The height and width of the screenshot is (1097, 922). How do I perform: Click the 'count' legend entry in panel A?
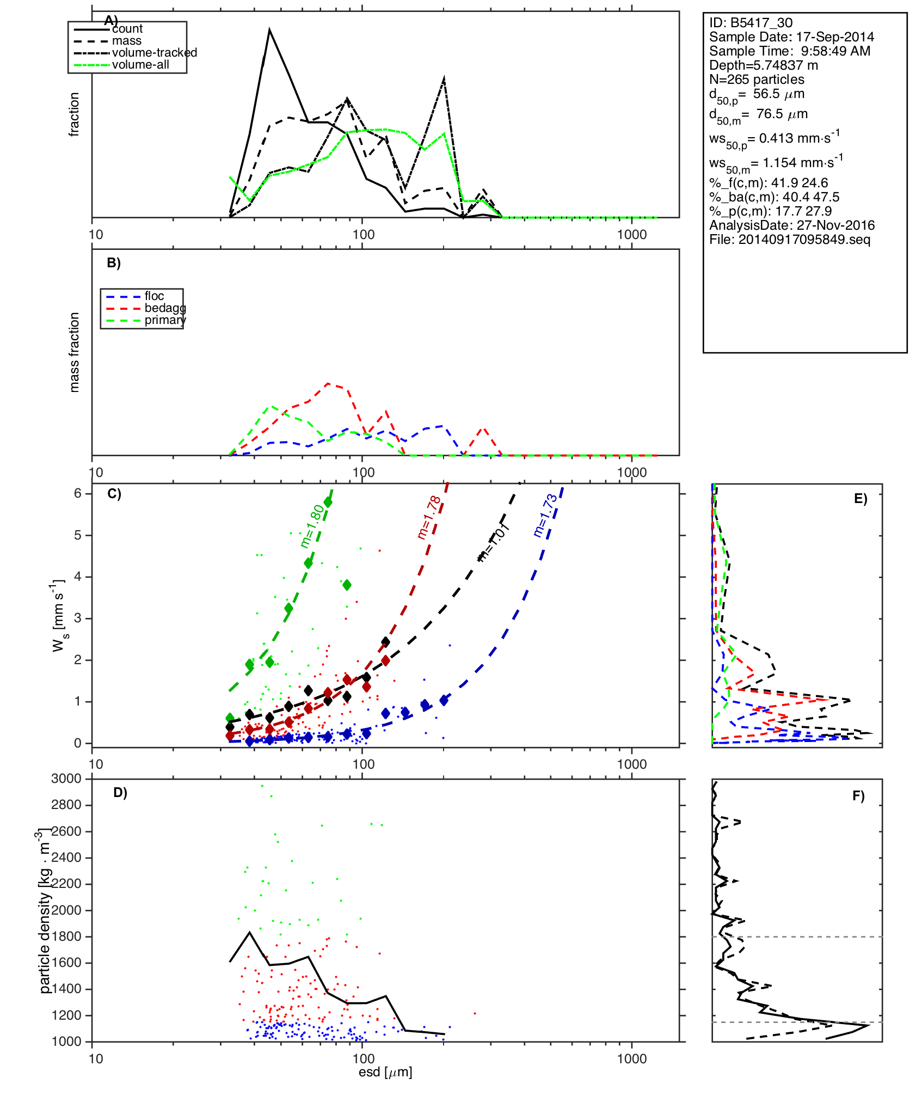click(127, 29)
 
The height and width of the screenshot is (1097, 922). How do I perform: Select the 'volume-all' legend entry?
click(140, 65)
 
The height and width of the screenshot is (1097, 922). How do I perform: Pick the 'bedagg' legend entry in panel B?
click(165, 308)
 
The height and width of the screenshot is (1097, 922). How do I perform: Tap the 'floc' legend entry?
click(154, 296)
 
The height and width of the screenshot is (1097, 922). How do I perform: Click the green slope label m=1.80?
click(312, 525)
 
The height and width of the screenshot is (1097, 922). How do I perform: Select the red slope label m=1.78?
click(429, 517)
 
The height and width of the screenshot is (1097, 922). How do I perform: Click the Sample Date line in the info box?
click(791, 37)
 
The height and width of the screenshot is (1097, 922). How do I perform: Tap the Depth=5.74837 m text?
click(763, 65)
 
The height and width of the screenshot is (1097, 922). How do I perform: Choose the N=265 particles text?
click(757, 79)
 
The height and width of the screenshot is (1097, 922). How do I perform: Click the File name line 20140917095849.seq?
click(790, 240)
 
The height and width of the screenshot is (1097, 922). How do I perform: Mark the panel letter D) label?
click(120, 793)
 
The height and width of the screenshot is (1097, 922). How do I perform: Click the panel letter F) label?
click(858, 796)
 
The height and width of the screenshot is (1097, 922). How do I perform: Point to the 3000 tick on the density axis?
click(66, 779)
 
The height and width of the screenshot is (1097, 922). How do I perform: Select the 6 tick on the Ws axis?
click(78, 493)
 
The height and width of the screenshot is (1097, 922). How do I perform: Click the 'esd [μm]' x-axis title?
click(385, 1072)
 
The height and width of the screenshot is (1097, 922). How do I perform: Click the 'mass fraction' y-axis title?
click(74, 352)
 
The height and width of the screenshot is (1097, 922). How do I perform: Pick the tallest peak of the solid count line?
click(269, 30)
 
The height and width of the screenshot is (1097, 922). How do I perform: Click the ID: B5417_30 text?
click(751, 23)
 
